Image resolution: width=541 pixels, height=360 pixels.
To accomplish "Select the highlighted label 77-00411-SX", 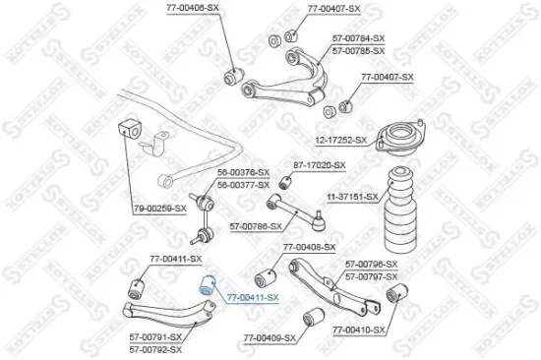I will pyautogui.click(x=253, y=295).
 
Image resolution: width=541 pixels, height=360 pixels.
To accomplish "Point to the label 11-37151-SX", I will pyautogui.click(x=351, y=196).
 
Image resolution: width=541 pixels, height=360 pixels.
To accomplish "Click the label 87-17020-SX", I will pyautogui.click(x=320, y=165).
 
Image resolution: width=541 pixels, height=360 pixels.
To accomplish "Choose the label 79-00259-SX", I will pyautogui.click(x=159, y=236).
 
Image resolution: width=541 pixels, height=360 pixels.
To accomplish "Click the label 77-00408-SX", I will pyautogui.click(x=309, y=246).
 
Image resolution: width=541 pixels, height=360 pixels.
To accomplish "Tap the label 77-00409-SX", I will pyautogui.click(x=270, y=337).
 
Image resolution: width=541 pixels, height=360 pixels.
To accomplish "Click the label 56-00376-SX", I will pyautogui.click(x=242, y=171).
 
